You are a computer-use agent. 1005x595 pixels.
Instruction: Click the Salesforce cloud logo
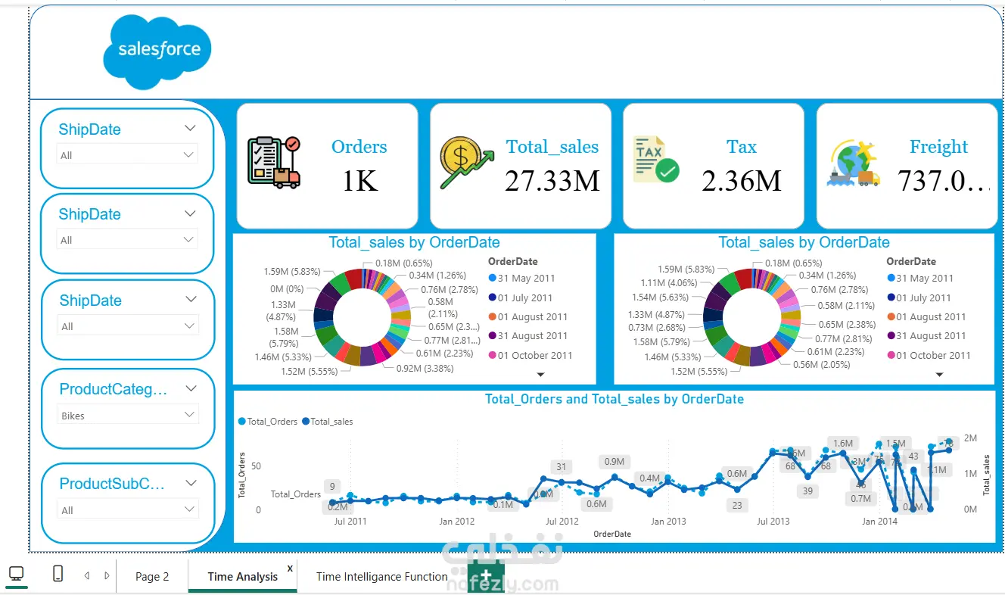click(157, 48)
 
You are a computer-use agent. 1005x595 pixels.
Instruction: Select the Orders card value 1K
click(359, 181)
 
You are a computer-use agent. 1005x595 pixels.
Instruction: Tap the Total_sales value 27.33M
click(552, 181)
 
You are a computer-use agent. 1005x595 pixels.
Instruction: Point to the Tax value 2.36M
click(741, 181)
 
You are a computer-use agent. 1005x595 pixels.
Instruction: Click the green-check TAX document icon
click(655, 160)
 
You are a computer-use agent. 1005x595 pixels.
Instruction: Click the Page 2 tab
click(152, 577)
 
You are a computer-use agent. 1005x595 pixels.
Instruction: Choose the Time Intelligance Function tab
click(381, 577)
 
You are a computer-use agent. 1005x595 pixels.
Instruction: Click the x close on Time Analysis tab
click(290, 568)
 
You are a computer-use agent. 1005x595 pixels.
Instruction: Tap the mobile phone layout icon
click(58, 574)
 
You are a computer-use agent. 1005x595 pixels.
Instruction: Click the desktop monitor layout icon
click(16, 574)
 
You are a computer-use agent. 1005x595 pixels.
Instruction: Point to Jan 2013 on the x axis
click(668, 522)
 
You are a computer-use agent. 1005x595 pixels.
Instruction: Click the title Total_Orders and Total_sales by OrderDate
click(614, 399)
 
